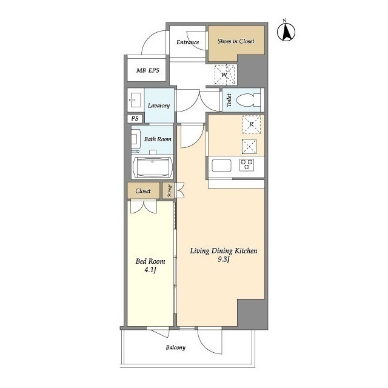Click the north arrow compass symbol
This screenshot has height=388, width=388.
click(x=286, y=32)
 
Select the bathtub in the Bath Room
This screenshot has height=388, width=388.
click(x=152, y=167)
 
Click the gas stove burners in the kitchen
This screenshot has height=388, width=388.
click(x=247, y=164)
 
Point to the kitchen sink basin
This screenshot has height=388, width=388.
click(x=221, y=166)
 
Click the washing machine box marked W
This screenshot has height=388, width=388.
click(x=224, y=75)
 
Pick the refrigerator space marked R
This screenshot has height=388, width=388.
click(x=252, y=124)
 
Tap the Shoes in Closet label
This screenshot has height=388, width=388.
click(x=236, y=41)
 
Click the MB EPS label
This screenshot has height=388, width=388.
click(x=148, y=70)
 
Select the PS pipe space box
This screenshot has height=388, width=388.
click(x=135, y=119)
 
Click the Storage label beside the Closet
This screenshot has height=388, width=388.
click(x=170, y=190)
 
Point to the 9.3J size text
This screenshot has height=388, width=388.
click(x=224, y=259)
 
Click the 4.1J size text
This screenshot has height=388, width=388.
click(x=150, y=270)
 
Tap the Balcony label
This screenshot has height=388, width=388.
click(x=176, y=347)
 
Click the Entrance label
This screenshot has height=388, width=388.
click(x=187, y=42)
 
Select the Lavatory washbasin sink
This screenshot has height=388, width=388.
click(x=136, y=100)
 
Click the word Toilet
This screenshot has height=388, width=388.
click(x=229, y=100)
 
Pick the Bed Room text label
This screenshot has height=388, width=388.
click(x=150, y=261)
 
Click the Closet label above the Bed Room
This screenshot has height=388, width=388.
click(x=143, y=191)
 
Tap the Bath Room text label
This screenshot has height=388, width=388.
click(x=158, y=139)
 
